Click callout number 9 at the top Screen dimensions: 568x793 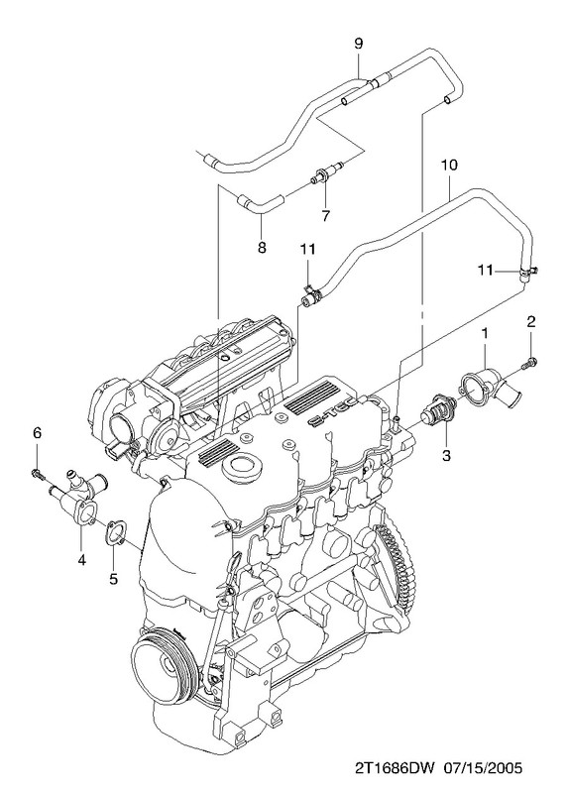pos(358,44)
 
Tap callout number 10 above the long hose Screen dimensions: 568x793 pos(449,165)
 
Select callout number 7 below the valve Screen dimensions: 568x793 pos(325,216)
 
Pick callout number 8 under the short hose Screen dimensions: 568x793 pos(262,247)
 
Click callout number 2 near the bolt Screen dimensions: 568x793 pos(530,321)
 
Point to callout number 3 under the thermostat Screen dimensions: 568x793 pos(446,455)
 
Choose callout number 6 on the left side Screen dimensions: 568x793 pos(38,433)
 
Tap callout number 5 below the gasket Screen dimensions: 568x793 pos(113,578)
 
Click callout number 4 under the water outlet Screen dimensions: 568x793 pos(81,559)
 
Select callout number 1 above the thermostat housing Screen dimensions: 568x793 pos(485,334)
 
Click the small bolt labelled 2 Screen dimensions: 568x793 pos(530,362)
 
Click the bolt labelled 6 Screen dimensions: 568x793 pos(38,475)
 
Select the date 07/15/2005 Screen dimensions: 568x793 pos(483,768)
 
